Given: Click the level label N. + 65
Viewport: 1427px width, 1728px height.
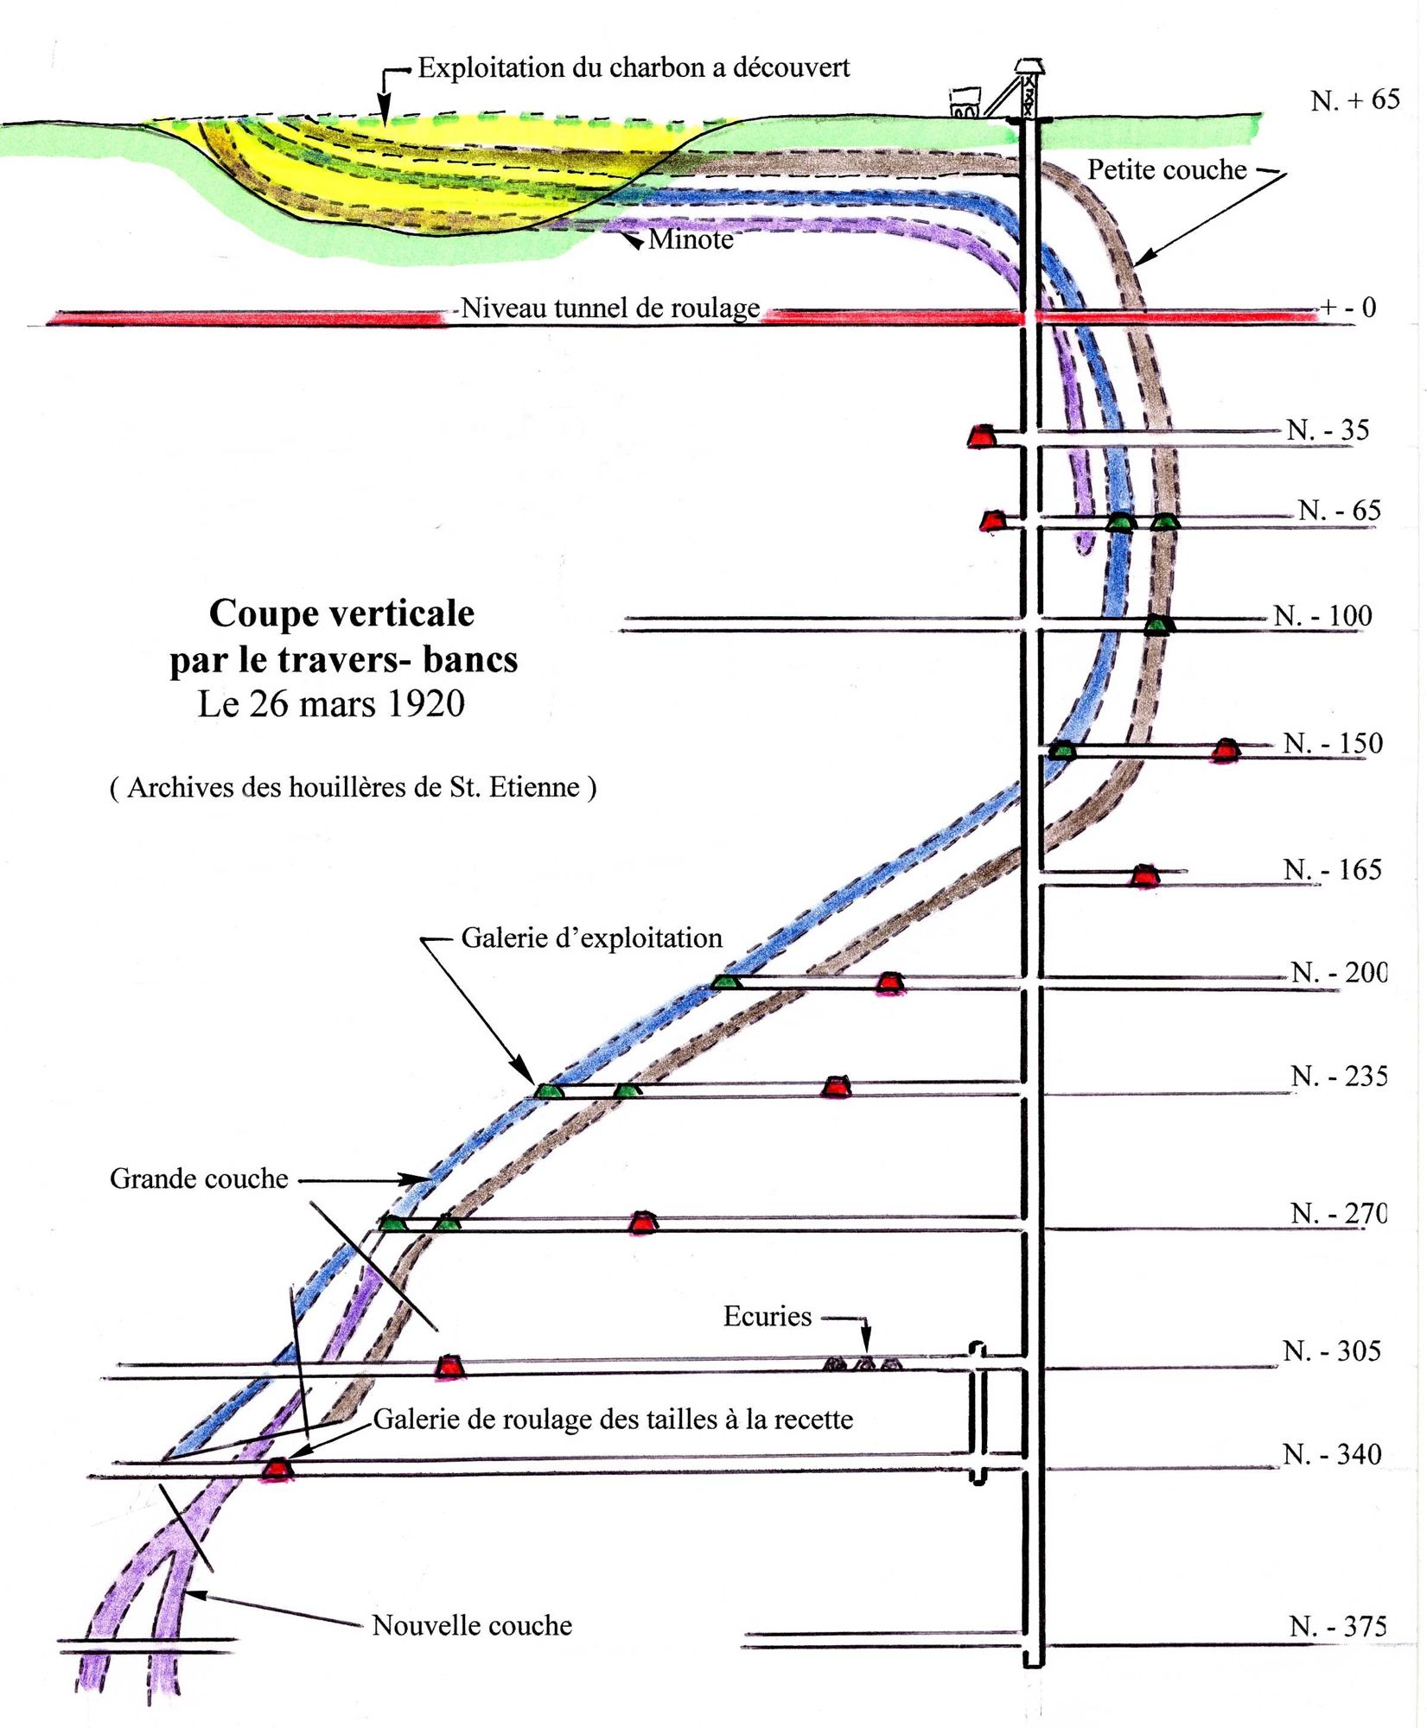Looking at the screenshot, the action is click(1354, 100).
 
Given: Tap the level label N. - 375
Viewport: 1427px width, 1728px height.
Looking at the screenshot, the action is click(1338, 1627).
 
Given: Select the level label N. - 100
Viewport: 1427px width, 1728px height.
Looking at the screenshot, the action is click(1323, 616).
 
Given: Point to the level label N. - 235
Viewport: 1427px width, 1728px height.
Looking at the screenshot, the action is click(1339, 1077).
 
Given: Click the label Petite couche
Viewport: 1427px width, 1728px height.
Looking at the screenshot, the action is click(1167, 170).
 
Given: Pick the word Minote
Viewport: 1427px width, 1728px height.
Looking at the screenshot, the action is click(691, 239).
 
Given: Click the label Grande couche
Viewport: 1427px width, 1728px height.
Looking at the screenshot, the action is click(199, 1179).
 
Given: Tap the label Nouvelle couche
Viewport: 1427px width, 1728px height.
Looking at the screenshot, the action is click(472, 1626).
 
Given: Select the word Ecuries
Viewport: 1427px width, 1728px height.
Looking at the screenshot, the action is click(768, 1317).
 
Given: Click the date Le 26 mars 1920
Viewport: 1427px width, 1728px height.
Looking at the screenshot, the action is click(331, 704).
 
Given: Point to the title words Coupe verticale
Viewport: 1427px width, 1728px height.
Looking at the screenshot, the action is click(341, 614).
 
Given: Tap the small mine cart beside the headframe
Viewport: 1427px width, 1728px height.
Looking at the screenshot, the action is click(965, 103).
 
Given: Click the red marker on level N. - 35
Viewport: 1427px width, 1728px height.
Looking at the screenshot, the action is click(982, 436).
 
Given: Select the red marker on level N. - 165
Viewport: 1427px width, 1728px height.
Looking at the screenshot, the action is click(1145, 876).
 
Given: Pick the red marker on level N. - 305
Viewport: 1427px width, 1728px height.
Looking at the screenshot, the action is click(448, 1366).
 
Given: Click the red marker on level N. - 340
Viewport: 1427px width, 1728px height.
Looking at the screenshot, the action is click(277, 1469).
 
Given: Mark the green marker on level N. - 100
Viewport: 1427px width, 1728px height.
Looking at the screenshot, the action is click(1157, 625).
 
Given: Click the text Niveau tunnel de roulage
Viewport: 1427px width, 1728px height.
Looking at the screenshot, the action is click(610, 308).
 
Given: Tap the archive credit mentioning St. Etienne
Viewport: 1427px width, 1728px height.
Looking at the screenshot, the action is click(353, 787).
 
